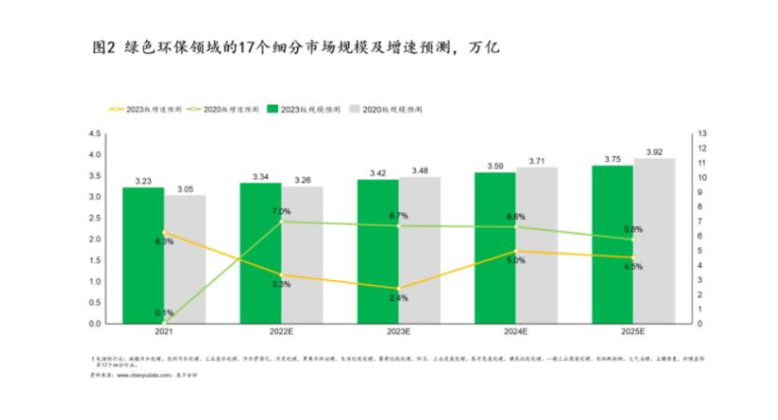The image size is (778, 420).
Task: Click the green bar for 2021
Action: click(x=143, y=255)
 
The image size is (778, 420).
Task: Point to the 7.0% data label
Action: click(x=281, y=212)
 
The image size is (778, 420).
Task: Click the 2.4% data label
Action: click(x=398, y=298)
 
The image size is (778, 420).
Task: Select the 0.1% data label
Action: click(x=164, y=314)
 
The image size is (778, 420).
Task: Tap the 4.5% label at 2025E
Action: click(x=633, y=266)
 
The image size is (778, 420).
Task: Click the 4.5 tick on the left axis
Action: click(x=95, y=133)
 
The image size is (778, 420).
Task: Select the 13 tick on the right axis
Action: click(x=702, y=133)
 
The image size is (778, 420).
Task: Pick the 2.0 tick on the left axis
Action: click(x=95, y=240)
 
